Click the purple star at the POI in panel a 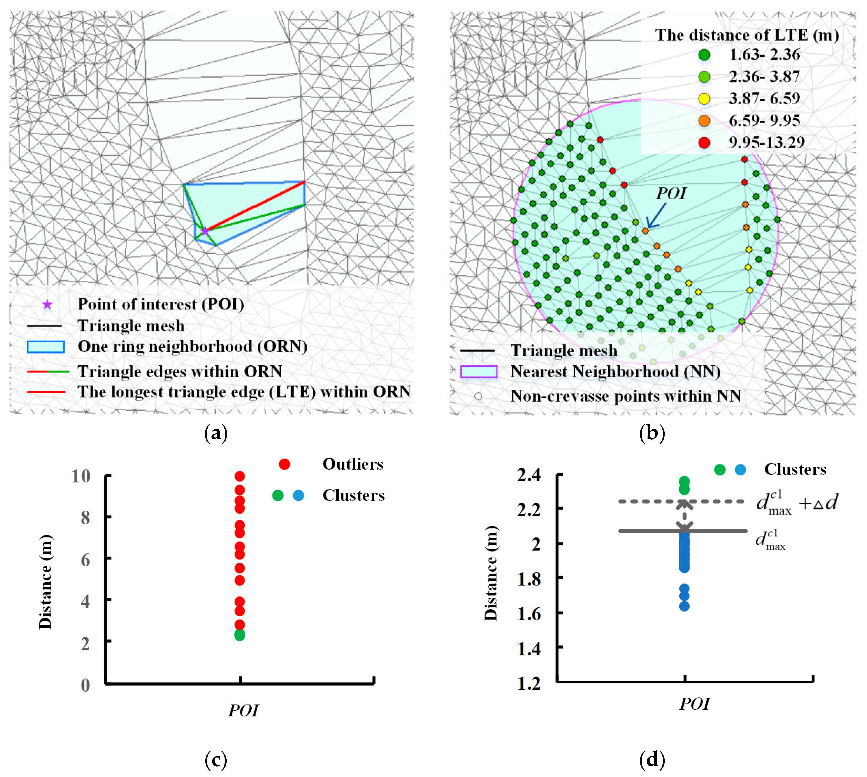(x=205, y=231)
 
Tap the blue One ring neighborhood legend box (x=46, y=347)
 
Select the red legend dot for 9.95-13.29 (x=704, y=143)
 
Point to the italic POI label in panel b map (x=671, y=193)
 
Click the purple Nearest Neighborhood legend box (x=479, y=371)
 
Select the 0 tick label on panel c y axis (x=85, y=685)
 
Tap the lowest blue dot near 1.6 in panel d (x=684, y=606)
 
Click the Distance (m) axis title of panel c (x=45, y=582)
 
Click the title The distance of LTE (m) (x=747, y=35)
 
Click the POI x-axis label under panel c (x=244, y=710)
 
